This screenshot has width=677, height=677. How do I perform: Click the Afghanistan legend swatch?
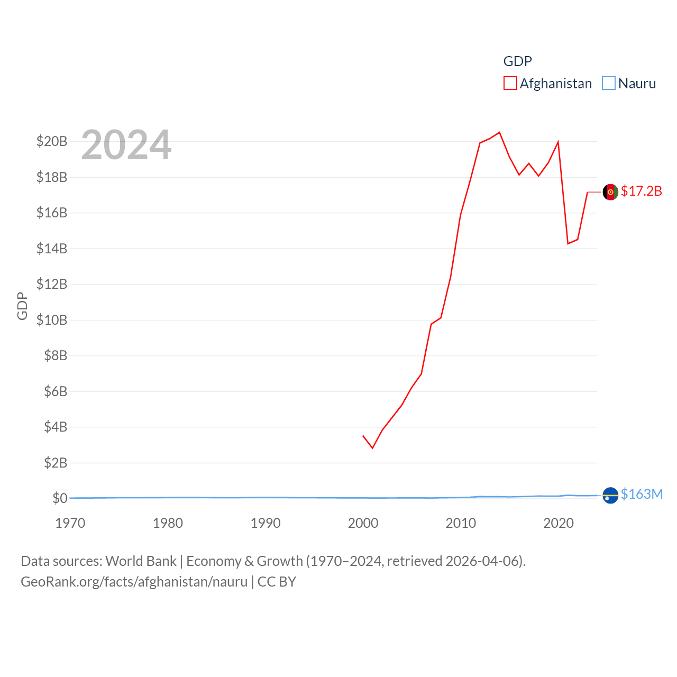pos(510,84)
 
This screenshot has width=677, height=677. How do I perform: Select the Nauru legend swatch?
pos(609,84)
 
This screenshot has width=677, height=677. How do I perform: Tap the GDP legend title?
pos(517,61)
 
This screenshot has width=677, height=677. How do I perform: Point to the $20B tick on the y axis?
pos(52,141)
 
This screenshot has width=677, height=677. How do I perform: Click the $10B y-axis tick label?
pos(52,320)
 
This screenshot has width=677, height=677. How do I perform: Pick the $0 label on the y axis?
pos(60,498)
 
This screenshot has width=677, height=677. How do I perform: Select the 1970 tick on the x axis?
pos(70,523)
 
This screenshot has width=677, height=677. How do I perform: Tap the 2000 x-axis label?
pos(363,523)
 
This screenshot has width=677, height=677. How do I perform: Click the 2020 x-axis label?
pos(559,523)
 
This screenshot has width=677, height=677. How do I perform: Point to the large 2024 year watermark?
pos(126,144)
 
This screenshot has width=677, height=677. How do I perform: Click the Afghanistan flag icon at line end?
pos(610,192)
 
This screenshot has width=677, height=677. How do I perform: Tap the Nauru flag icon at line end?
pos(610,496)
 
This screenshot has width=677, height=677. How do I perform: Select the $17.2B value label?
pos(642,191)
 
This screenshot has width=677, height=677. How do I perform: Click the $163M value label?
pos(642,494)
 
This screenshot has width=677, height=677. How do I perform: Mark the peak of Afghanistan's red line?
pos(499,132)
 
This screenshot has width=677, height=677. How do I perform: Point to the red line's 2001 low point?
pos(372,448)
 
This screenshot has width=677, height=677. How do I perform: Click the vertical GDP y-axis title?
pos(22,306)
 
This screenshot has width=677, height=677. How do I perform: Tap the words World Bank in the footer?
pos(141,561)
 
